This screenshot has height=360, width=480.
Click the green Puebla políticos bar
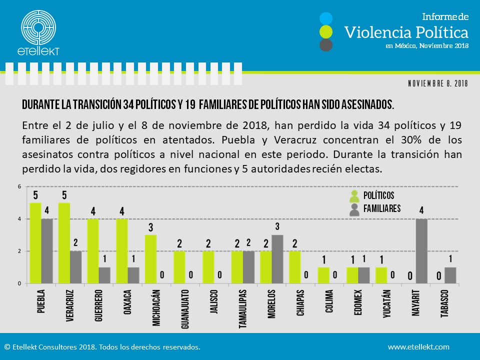[x=35, y=243]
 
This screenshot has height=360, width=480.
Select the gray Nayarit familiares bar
[x=421, y=251]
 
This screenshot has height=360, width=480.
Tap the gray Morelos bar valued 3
[x=277, y=259]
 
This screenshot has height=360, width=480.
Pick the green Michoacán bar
[x=150, y=259]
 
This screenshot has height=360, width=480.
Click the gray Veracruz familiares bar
[x=76, y=267]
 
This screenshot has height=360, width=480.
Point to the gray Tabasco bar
[x=450, y=275]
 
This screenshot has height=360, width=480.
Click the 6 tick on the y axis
[x=19, y=187]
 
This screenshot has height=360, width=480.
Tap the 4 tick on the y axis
[x=19, y=219]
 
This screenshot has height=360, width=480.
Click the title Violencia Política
[x=406, y=32]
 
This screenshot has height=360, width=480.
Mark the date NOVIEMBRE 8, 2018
[x=437, y=84]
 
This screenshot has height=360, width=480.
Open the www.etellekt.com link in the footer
[x=418, y=346]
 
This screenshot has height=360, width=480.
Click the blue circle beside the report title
[x=326, y=18]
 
